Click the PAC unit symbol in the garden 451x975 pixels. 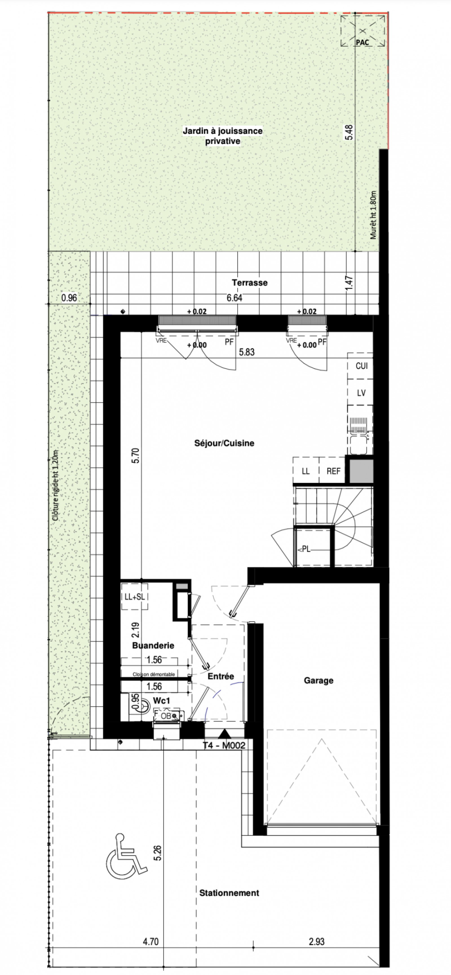pyautogui.click(x=363, y=31)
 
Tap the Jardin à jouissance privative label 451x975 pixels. pyautogui.click(x=223, y=136)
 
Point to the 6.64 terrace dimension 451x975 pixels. pyautogui.click(x=235, y=298)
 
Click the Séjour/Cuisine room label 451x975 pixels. pyautogui.click(x=224, y=443)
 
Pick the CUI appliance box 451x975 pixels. pyautogui.click(x=361, y=366)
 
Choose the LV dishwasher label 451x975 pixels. pyautogui.click(x=361, y=393)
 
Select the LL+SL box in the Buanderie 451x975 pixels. pyautogui.click(x=134, y=597)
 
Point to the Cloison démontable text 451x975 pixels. pyautogui.click(x=154, y=675)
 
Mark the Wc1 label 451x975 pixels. pyautogui.click(x=162, y=701)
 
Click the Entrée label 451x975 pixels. pyautogui.click(x=221, y=676)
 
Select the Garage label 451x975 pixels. pyautogui.click(x=319, y=680)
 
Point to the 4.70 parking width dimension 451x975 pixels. pyautogui.click(x=151, y=941)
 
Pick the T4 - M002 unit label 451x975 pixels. pyautogui.click(x=224, y=745)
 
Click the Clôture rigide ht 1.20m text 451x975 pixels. pyautogui.click(x=56, y=486)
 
